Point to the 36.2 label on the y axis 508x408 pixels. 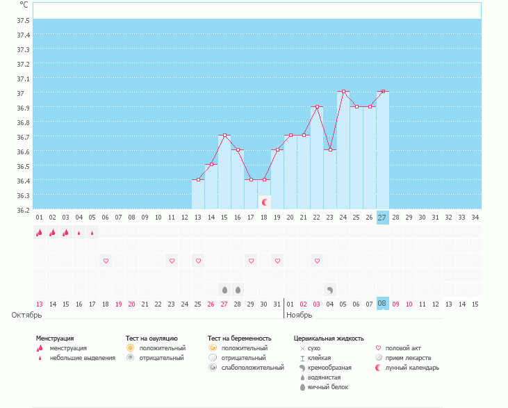(x=24, y=209)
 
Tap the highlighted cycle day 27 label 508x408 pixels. (x=382, y=218)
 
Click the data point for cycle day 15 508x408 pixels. (x=224, y=136)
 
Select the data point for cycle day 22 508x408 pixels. (x=317, y=106)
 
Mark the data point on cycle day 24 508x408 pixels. (x=343, y=92)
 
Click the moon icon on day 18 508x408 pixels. (x=264, y=202)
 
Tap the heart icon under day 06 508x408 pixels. (x=106, y=261)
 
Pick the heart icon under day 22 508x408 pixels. (x=317, y=261)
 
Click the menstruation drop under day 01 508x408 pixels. (x=39, y=233)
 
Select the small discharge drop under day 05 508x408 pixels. (x=92, y=233)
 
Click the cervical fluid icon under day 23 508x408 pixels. (x=330, y=289)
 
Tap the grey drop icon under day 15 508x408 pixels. (x=224, y=289)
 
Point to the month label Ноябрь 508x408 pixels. (x=301, y=315)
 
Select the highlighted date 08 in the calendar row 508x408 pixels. (x=382, y=304)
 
